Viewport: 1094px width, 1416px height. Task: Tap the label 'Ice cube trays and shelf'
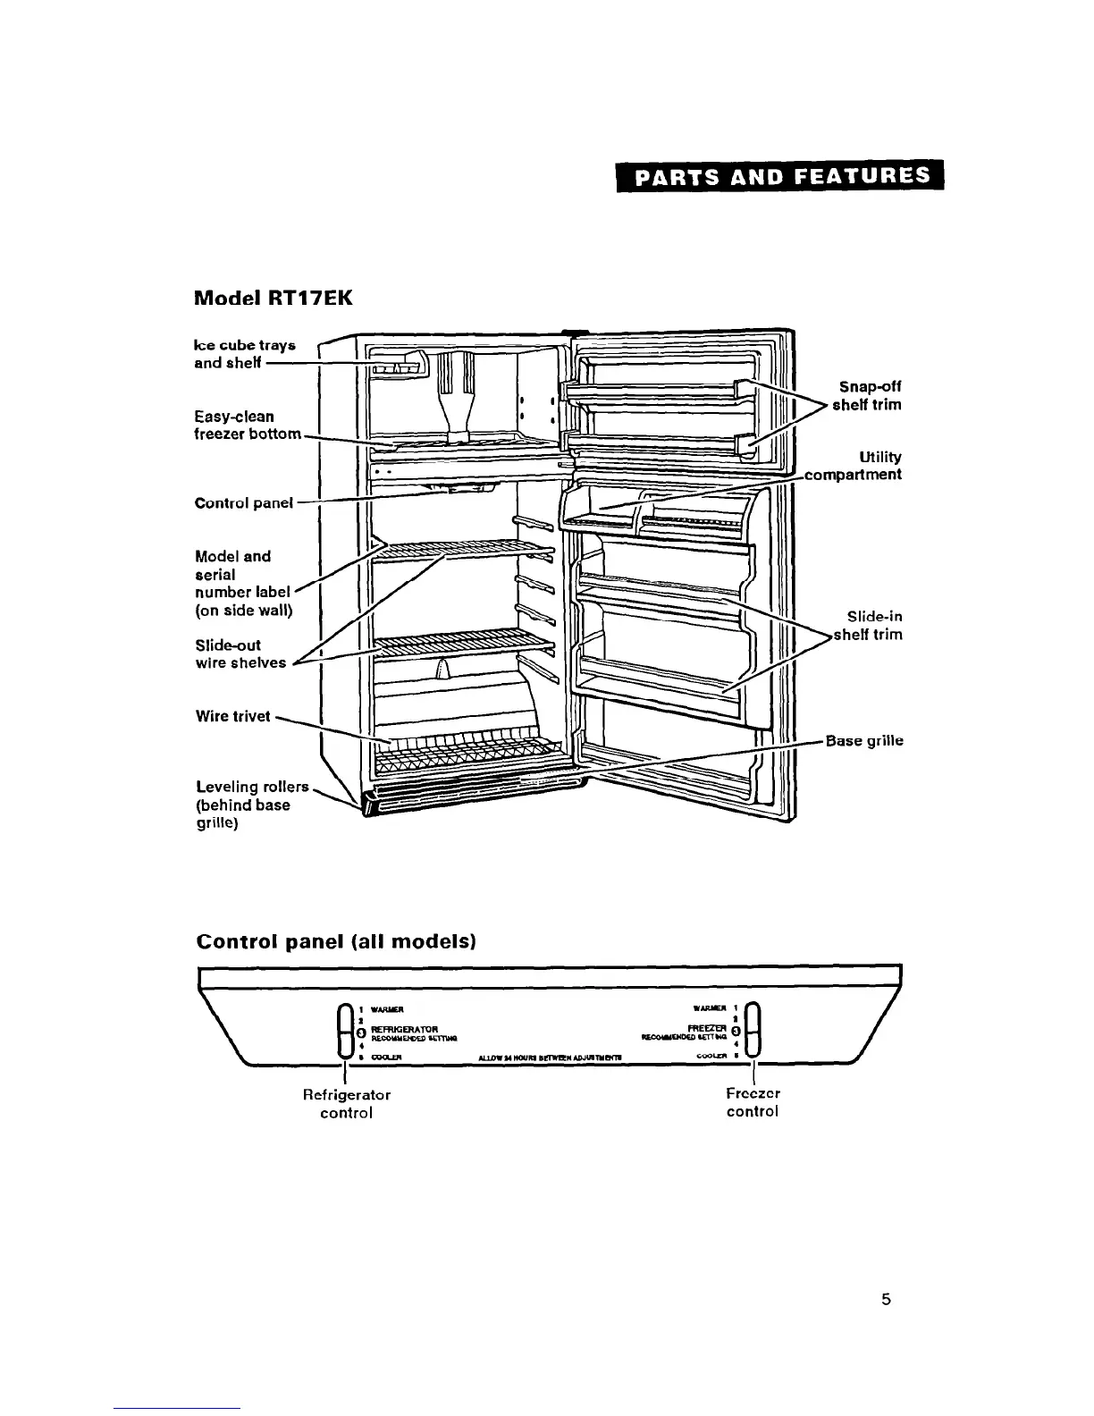tap(244, 354)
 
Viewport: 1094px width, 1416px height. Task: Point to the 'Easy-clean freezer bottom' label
tap(248, 425)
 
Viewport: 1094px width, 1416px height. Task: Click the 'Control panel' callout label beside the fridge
tap(243, 502)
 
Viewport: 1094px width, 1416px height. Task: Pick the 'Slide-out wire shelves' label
tap(240, 653)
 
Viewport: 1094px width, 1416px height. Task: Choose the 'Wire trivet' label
tap(232, 716)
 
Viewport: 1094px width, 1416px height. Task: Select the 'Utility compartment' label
tap(854, 466)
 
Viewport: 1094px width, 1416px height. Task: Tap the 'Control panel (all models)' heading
tap(335, 941)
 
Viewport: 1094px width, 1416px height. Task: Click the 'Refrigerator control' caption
tap(346, 1103)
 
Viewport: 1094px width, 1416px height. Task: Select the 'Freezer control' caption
tap(753, 1102)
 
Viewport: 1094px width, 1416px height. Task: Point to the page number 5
tap(885, 1300)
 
